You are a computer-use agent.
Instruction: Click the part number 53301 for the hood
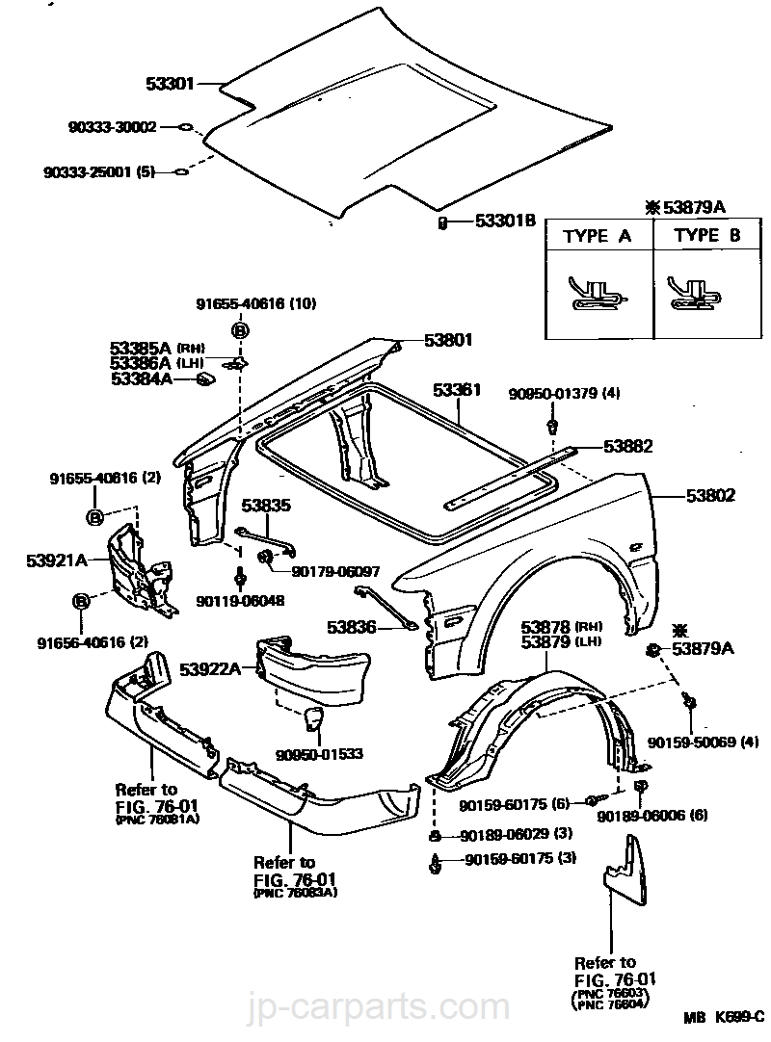point(170,84)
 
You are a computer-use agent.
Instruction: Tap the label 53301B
point(504,221)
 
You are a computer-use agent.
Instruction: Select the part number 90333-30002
point(112,126)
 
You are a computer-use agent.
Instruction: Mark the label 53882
point(628,446)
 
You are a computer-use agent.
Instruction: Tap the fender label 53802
point(711,496)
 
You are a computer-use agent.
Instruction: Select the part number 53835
point(265,504)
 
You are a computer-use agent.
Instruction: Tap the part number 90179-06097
point(335,571)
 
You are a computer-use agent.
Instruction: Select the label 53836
point(351,626)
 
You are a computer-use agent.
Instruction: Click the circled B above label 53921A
point(95,518)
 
